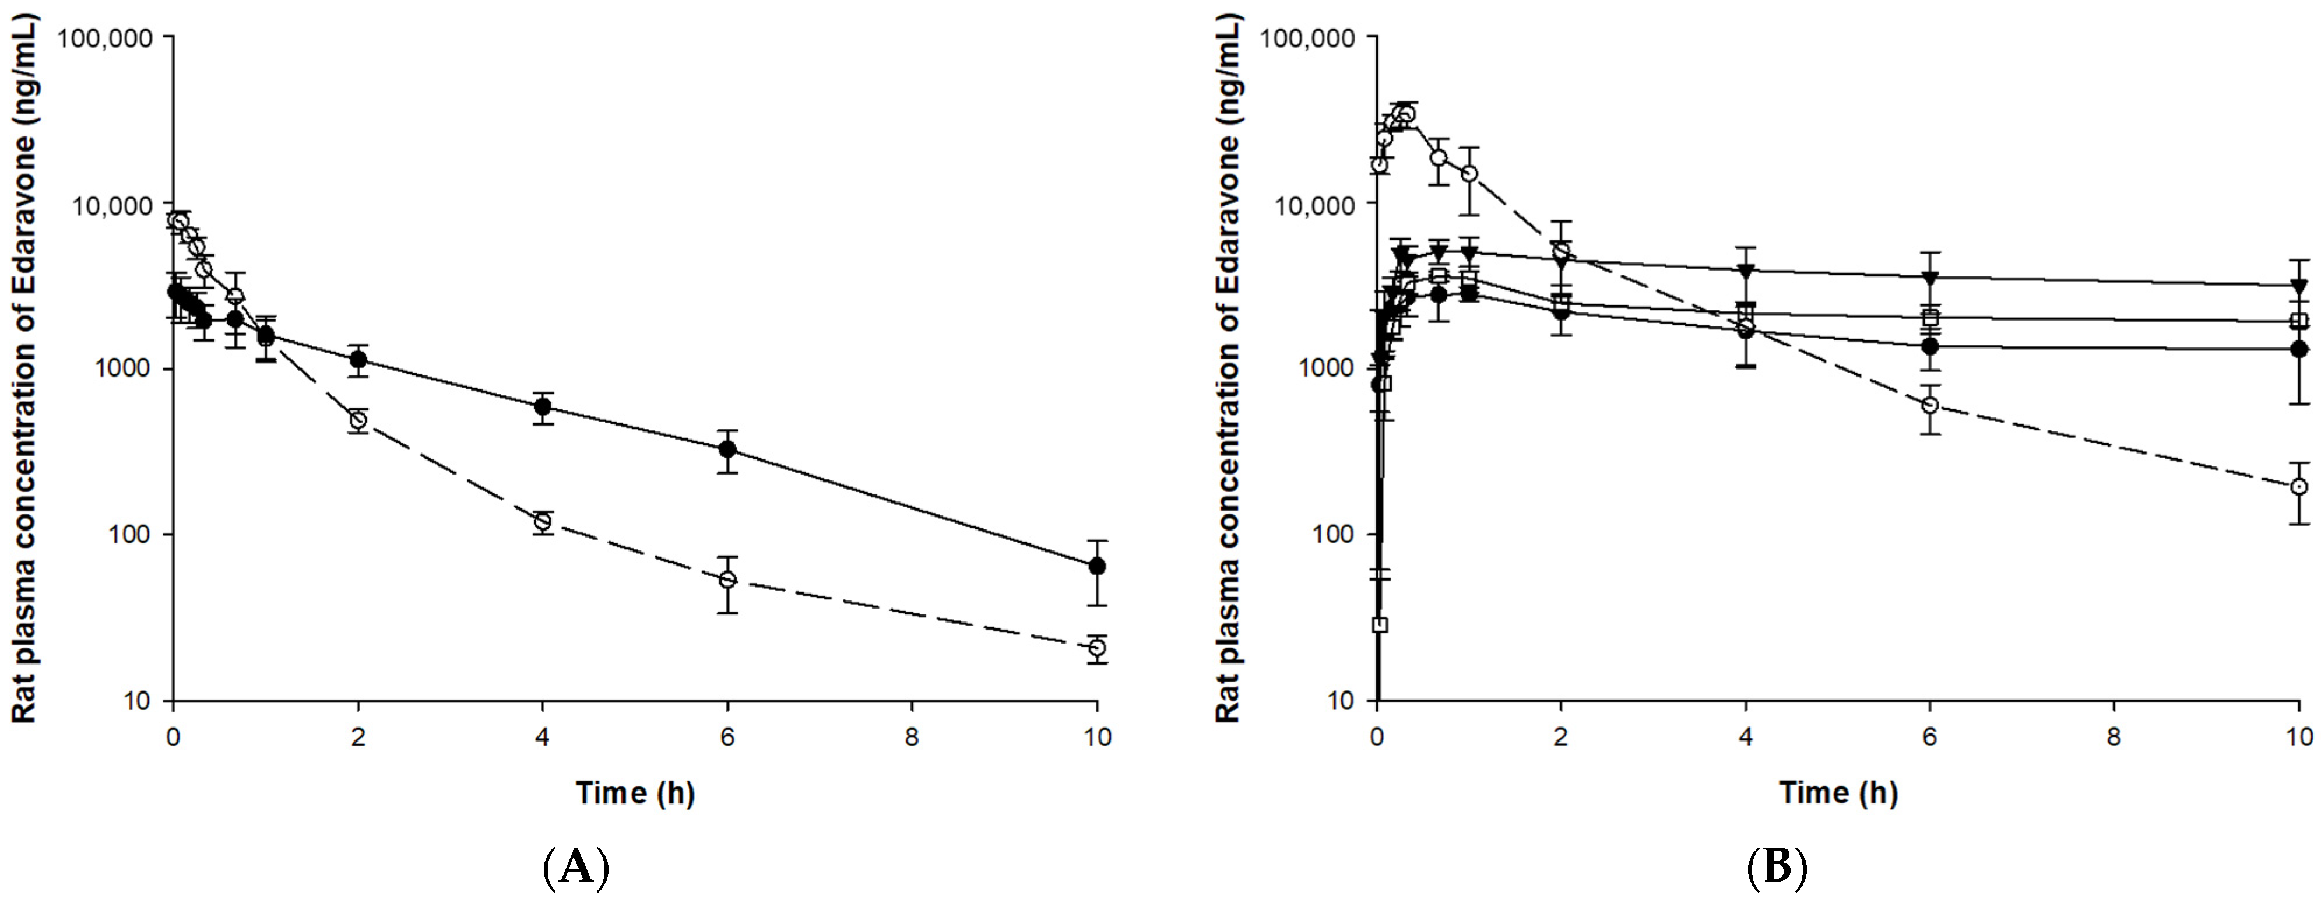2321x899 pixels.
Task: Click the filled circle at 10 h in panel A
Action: (x=1096, y=566)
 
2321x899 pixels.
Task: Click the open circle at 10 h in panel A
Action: (x=1096, y=648)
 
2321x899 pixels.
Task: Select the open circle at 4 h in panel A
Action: (x=543, y=522)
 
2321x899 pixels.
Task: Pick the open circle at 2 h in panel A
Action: (x=358, y=420)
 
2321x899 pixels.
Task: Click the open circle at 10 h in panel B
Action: (x=2298, y=486)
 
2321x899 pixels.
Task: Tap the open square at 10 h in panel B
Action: (x=2298, y=321)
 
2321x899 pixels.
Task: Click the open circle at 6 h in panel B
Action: (x=1929, y=405)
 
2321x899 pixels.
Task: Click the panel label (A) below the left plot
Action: (x=576, y=868)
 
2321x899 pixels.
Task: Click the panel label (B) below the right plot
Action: (x=1777, y=868)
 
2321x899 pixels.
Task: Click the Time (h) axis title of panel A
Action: (x=635, y=793)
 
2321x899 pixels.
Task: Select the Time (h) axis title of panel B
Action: (x=1838, y=793)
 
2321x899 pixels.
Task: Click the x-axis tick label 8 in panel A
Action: (x=912, y=737)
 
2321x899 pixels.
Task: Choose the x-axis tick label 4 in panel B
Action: (x=1745, y=737)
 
